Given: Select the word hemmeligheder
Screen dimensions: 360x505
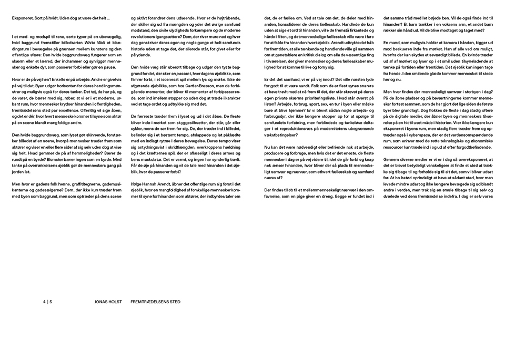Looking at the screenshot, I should pyautogui.click(x=65, y=151).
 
